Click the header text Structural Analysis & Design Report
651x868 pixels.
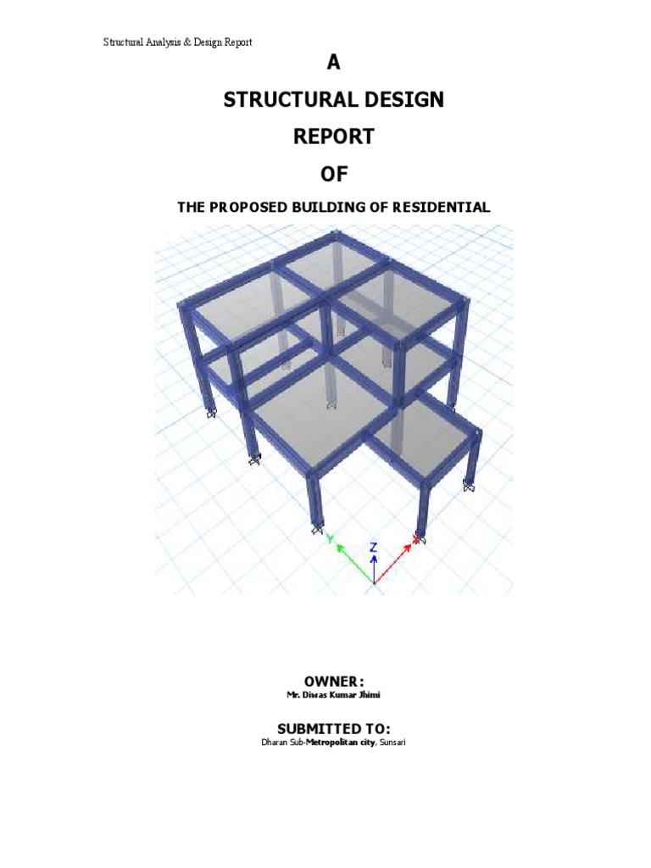click(177, 42)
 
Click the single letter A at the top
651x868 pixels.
click(333, 63)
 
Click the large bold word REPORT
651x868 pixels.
click(334, 136)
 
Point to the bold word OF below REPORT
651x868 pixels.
click(334, 175)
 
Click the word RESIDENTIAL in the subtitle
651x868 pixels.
click(441, 208)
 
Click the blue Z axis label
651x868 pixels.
click(374, 548)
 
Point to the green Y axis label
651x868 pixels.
click(331, 538)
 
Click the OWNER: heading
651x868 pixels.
click(334, 682)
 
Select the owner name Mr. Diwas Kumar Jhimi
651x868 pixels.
click(333, 695)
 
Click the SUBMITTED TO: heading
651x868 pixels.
click(334, 728)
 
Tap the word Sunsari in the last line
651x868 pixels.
click(392, 743)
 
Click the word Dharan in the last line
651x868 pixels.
click(274, 743)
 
